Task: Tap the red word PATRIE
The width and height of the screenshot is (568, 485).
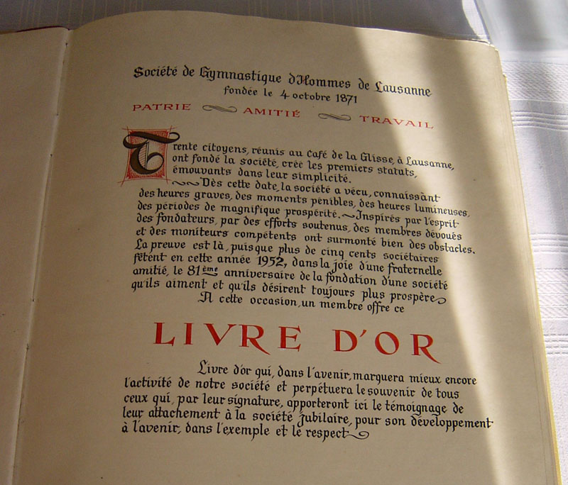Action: coord(161,107)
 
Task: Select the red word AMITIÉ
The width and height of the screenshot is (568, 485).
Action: coord(272,111)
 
